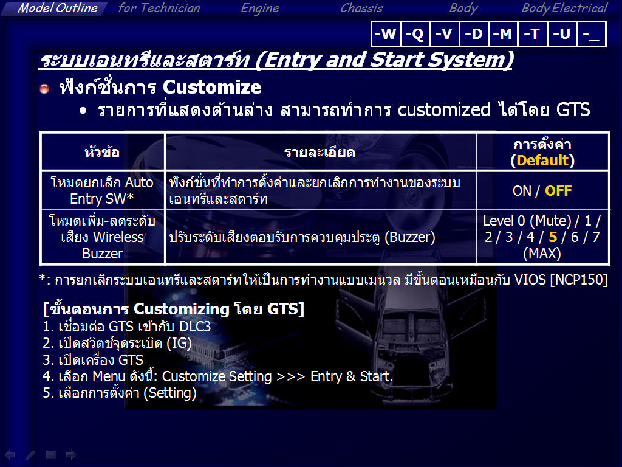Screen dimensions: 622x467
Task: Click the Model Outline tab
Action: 57,8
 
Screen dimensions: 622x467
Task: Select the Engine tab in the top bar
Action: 260,9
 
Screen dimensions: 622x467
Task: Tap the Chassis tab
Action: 361,8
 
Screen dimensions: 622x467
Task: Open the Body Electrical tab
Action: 564,9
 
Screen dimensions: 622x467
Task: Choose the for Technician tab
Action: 159,8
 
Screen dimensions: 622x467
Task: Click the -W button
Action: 385,34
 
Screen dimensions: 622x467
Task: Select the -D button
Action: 474,34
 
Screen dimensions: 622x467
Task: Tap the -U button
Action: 562,34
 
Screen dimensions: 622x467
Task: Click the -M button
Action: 503,34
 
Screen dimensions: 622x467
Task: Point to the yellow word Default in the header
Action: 542,161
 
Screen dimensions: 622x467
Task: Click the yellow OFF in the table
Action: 558,191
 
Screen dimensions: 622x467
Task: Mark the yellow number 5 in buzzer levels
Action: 553,237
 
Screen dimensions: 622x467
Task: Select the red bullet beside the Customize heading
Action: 44,88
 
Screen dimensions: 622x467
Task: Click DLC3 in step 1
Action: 195,327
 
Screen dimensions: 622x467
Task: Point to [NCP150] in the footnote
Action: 579,280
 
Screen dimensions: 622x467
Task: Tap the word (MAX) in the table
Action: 542,254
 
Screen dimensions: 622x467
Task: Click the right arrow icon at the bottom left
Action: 71,455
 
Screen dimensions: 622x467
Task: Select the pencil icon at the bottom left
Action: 30,455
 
